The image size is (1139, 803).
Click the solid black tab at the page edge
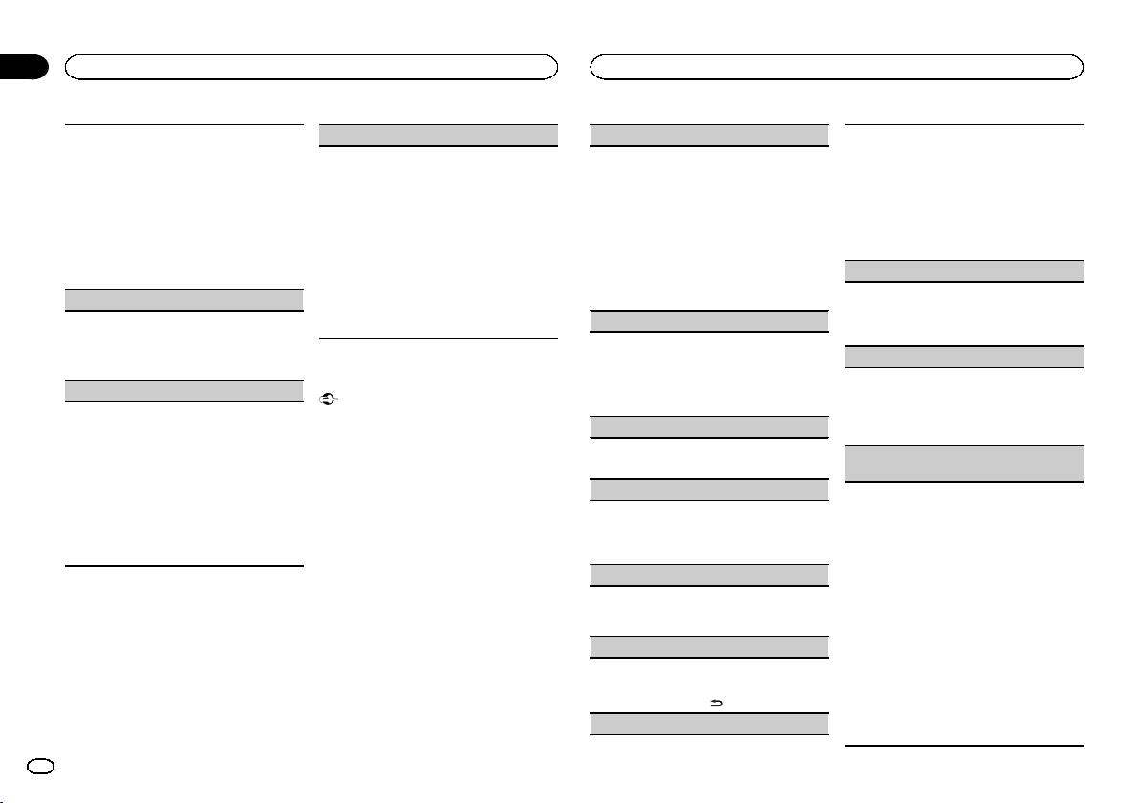(x=23, y=66)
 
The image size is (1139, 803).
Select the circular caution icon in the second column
(x=325, y=401)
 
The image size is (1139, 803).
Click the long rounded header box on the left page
(x=311, y=66)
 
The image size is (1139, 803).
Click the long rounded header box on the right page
(x=837, y=66)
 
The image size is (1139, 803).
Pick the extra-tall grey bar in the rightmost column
(x=965, y=464)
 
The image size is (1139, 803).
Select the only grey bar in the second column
(x=438, y=135)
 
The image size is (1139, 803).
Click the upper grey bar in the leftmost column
(x=184, y=299)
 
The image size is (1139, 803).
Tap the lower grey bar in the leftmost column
(x=184, y=390)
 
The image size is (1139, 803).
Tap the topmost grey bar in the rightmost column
(x=965, y=271)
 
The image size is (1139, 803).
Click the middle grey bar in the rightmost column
(x=965, y=357)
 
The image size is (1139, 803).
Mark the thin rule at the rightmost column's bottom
(x=965, y=746)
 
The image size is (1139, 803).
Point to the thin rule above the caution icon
(x=438, y=338)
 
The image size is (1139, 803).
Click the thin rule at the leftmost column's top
(x=184, y=123)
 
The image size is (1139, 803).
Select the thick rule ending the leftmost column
(x=184, y=567)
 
